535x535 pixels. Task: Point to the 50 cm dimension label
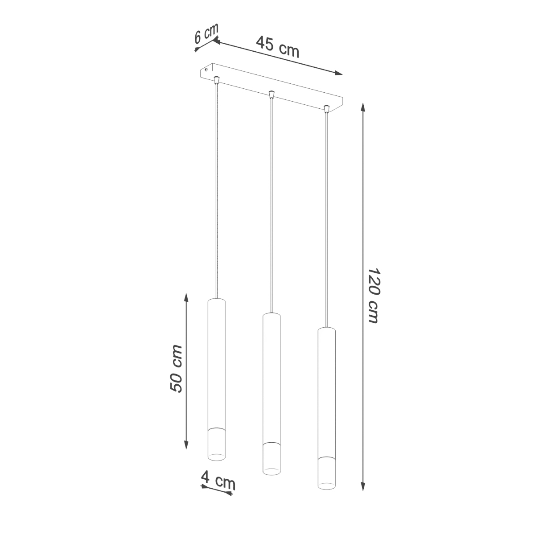(x=176, y=368)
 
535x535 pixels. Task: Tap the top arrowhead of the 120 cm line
(x=363, y=107)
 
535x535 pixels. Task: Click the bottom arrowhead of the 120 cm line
(x=363, y=487)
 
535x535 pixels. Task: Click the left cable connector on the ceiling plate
(x=217, y=80)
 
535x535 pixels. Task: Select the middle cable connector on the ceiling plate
(x=271, y=94)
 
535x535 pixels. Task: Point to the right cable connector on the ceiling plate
(x=326, y=108)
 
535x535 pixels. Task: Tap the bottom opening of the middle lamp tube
(x=271, y=470)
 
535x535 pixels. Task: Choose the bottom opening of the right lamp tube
(x=326, y=485)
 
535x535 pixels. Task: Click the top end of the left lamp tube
(x=217, y=300)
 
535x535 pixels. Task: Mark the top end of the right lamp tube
(x=326, y=329)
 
